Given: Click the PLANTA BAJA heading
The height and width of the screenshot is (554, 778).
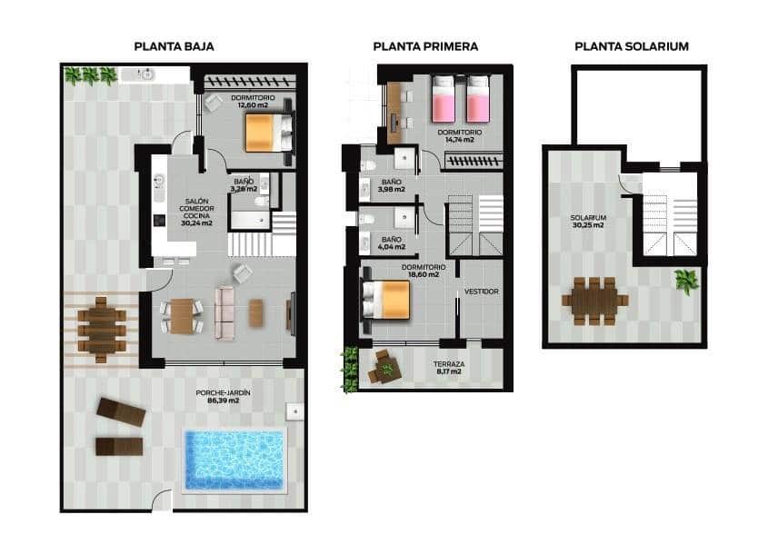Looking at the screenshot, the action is pyautogui.click(x=174, y=46).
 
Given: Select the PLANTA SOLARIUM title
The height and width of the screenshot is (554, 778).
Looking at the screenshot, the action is pyautogui.click(x=632, y=46).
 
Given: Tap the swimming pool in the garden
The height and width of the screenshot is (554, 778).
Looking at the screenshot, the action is pyautogui.click(x=234, y=460).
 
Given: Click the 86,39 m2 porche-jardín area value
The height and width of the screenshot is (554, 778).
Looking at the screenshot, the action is pyautogui.click(x=224, y=401).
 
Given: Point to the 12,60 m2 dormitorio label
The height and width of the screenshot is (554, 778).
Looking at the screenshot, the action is pyautogui.click(x=253, y=101).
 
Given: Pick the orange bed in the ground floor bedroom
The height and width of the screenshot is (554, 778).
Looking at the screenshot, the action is pyautogui.click(x=268, y=133).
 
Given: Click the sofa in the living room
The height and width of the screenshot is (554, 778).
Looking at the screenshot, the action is pyautogui.click(x=224, y=313).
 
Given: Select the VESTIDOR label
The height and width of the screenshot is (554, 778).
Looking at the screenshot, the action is pyautogui.click(x=482, y=292).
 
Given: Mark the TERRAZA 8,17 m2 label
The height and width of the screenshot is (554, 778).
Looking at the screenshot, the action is pyautogui.click(x=449, y=368).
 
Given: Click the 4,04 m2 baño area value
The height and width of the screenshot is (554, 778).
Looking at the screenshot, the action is pyautogui.click(x=392, y=247).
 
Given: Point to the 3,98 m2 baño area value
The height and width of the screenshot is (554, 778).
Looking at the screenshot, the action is pyautogui.click(x=392, y=190).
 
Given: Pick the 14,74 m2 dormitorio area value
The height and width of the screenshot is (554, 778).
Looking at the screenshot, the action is pyautogui.click(x=460, y=140).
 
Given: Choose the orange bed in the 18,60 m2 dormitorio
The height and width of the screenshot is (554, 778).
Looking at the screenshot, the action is pyautogui.click(x=386, y=300).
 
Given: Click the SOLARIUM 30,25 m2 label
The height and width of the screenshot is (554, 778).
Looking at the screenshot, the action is pyautogui.click(x=588, y=222).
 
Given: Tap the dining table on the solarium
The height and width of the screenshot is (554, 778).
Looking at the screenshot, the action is pyautogui.click(x=594, y=301).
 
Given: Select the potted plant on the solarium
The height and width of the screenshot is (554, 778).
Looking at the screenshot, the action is pyautogui.click(x=687, y=282).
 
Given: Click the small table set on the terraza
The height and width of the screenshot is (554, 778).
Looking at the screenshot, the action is pyautogui.click(x=384, y=368).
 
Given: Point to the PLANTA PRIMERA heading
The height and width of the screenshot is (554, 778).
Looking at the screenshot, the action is pyautogui.click(x=425, y=46).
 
